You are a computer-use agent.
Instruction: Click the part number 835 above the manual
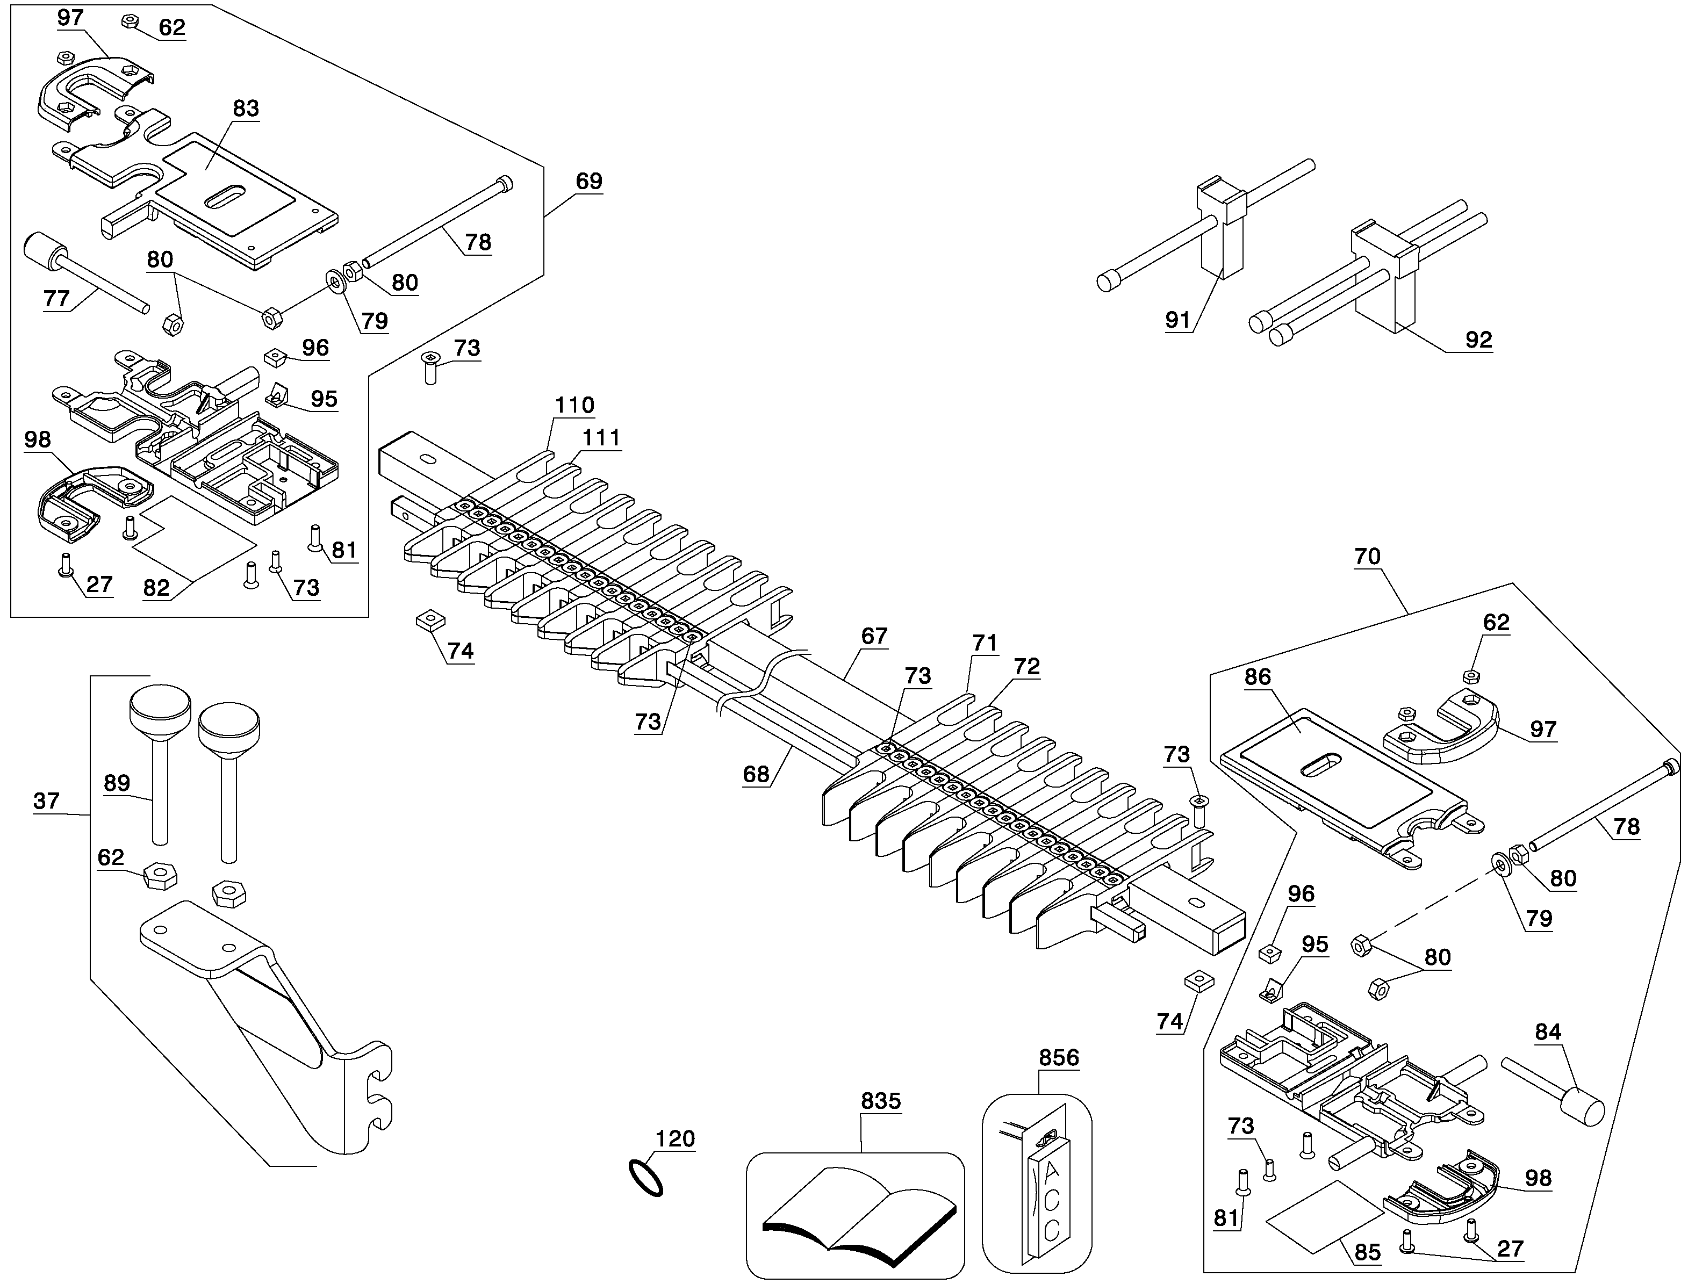pos(881,1101)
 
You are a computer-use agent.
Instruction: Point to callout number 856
pos(1059,1058)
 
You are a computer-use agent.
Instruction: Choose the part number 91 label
pos(1178,320)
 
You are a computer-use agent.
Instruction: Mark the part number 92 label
pos(1478,340)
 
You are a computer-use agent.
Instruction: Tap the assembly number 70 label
pos(1367,557)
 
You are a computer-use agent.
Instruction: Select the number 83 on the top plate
pos(246,109)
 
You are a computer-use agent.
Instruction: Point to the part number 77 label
pos(56,298)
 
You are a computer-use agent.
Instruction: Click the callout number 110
pos(574,405)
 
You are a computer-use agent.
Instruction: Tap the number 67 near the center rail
pos(874,636)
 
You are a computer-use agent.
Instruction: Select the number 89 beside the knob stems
pos(117,783)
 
